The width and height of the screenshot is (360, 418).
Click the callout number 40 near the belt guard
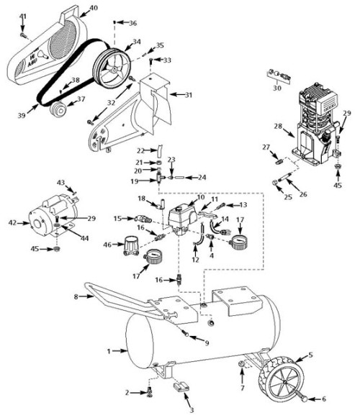[93, 8]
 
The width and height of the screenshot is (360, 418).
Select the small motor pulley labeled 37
[59, 109]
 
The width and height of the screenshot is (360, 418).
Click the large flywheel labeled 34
[112, 68]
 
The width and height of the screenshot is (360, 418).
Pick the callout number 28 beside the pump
[278, 126]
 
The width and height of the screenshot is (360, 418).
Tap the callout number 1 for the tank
[109, 351]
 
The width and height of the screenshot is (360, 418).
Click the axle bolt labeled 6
[301, 396]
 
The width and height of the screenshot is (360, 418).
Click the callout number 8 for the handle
[76, 296]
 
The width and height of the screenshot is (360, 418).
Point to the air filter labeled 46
[131, 245]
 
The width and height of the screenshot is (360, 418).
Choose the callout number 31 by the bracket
[189, 95]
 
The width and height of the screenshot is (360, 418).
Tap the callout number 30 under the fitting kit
[277, 88]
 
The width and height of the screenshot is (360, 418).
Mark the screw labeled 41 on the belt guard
[23, 35]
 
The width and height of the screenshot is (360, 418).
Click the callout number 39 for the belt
[22, 115]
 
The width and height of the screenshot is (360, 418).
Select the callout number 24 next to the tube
[202, 177]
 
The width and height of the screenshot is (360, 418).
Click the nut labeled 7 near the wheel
[241, 364]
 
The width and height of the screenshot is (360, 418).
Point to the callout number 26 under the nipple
[303, 194]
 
